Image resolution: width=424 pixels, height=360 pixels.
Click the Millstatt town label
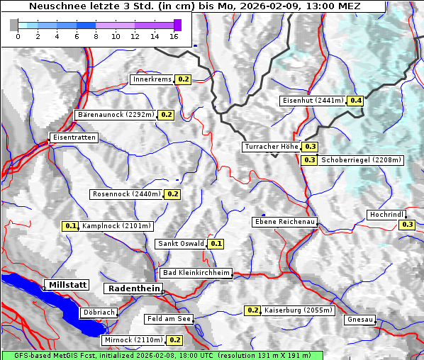pos(67,285)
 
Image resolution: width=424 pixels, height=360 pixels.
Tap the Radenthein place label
pos(133,288)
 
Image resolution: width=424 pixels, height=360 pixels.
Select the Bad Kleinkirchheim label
pos(196,273)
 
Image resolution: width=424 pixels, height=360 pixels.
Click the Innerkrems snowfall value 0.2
pos(184,79)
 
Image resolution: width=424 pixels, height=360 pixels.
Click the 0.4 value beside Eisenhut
pos(355,101)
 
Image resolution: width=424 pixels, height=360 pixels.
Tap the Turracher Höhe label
pos(271,147)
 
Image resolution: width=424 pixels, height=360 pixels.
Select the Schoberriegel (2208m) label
pos(361,160)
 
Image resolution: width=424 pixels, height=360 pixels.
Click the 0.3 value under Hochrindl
pos(407,225)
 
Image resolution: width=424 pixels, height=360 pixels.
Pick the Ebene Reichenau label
pos(284,223)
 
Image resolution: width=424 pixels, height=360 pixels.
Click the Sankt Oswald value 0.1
pos(216,244)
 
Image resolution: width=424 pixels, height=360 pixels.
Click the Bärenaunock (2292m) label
pos(115,114)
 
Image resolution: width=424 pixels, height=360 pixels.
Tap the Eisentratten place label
pos(73,137)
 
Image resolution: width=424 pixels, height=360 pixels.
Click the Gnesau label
pos(359,320)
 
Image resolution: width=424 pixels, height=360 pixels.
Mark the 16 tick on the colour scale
pos(174,36)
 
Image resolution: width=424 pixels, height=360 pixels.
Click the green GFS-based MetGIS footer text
pos(162,355)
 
